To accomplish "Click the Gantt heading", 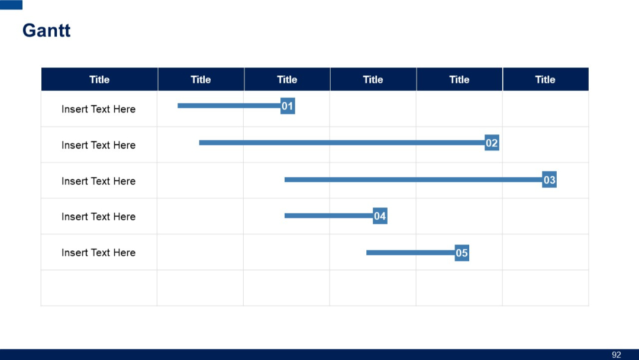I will point(46,30).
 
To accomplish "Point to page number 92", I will point(617,355).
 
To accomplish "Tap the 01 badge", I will point(288,107).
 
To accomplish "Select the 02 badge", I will point(492,143).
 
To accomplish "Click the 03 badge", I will point(549,180).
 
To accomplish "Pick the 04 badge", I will point(380,216).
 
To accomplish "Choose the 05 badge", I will point(461,253).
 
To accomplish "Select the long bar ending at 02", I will point(341,143).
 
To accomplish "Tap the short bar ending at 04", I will point(328,216).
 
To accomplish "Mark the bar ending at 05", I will point(410,253).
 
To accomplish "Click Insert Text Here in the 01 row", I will point(98,109).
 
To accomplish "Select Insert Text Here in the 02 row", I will point(98,145).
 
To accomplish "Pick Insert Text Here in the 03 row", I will point(98,181).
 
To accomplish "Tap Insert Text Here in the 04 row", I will point(98,217).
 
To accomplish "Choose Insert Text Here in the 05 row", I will point(98,253).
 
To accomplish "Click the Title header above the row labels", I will point(99,79).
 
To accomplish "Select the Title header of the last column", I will point(545,79).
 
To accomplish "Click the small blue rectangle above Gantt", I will point(11,5).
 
